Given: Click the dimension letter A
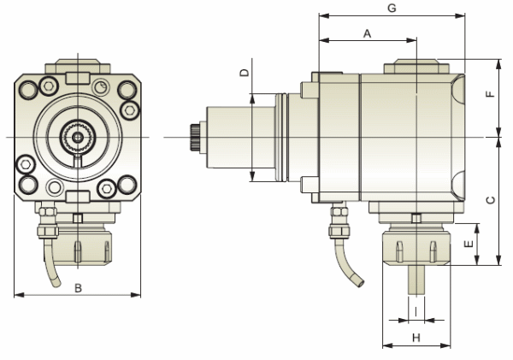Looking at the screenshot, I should tap(367, 33).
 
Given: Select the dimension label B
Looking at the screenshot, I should tap(78, 288).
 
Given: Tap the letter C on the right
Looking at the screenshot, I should tap(489, 200).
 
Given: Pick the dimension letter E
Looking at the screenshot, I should tap(468, 244).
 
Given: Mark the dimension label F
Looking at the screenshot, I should tap(489, 97).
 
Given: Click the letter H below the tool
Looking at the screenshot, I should tap(416, 338).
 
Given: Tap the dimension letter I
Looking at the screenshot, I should tap(416, 311).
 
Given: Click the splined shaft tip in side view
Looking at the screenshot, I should tap(192, 137).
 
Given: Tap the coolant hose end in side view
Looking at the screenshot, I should tap(356, 282).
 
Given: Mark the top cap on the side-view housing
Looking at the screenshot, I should tap(416, 66).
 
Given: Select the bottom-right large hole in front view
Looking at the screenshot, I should tap(127, 183).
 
